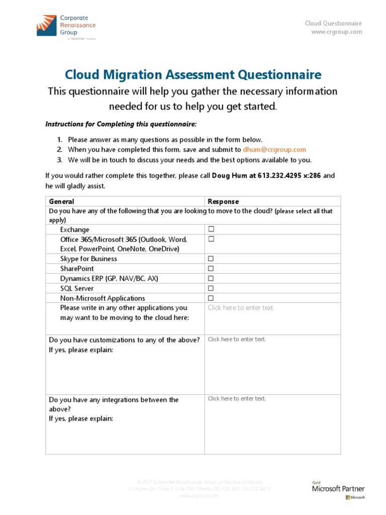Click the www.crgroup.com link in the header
click(336, 32)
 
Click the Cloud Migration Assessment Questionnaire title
click(193, 75)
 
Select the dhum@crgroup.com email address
click(274, 150)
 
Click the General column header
click(61, 201)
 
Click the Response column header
click(223, 201)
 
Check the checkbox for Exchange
click(212, 229)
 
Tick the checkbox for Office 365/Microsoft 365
click(212, 239)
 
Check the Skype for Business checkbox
click(212, 259)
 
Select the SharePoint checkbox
click(212, 269)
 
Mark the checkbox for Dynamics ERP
click(212, 278)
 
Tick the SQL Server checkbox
click(212, 288)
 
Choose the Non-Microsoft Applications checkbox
click(212, 298)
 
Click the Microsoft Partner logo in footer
click(338, 490)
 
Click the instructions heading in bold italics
click(121, 124)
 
